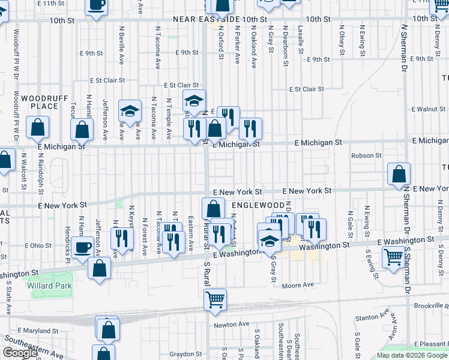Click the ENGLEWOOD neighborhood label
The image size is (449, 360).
[253, 205]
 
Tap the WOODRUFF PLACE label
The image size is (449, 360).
[40, 102]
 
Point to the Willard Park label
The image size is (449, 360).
[49, 286]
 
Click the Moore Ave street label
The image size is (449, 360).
[298, 285]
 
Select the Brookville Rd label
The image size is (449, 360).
[432, 306]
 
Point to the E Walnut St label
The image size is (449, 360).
[429, 109]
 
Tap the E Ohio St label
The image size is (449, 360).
[38, 245]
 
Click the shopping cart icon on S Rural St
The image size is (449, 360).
[215, 299]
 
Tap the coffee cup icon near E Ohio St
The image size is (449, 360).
[82, 247]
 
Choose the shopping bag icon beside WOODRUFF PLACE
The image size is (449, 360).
[37, 127]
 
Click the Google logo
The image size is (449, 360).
[20, 353]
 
